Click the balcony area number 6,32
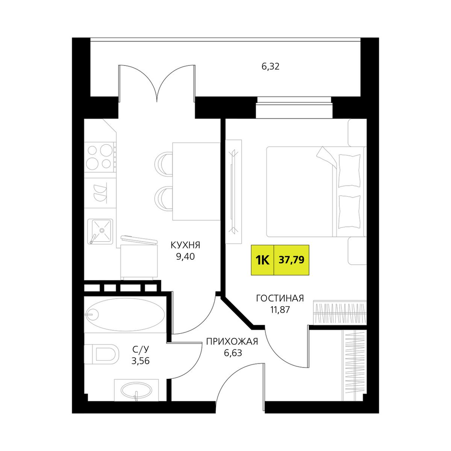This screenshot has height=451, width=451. click(270, 67)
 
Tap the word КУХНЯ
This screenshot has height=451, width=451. click(185, 245)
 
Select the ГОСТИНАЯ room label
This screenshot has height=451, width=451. click(280, 298)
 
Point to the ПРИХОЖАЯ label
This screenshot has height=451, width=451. click(232, 341)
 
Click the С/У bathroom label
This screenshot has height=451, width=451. click(141, 349)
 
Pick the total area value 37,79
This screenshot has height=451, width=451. click(291, 260)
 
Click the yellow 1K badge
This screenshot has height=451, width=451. click(262, 260)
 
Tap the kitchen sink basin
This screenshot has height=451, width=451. click(101, 231)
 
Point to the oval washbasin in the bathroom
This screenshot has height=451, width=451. click(136, 391)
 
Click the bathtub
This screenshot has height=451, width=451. click(125, 314)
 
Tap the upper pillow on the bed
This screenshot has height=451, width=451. click(349, 170)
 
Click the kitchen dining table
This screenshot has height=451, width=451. click(196, 181)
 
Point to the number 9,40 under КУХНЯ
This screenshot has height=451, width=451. click(185, 257)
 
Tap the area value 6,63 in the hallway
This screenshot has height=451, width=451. click(233, 353)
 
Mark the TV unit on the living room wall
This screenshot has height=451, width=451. click(233, 192)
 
